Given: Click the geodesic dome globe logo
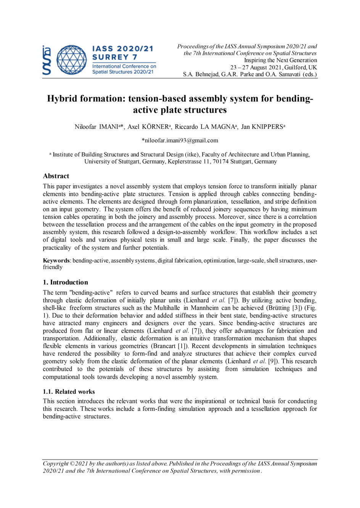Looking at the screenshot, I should (72, 60).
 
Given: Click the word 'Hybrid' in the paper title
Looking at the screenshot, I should (65, 99).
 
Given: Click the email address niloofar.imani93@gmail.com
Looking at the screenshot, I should (180, 140).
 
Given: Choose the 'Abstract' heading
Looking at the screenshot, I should (56, 176).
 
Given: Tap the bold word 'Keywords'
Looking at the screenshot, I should (56, 261).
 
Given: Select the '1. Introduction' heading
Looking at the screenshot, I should (65, 282).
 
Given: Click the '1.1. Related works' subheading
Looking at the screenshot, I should (69, 391).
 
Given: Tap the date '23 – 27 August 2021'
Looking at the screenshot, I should (256, 67).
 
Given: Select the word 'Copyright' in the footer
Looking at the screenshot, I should (56, 464).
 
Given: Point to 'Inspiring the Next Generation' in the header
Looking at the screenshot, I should (281, 60).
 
